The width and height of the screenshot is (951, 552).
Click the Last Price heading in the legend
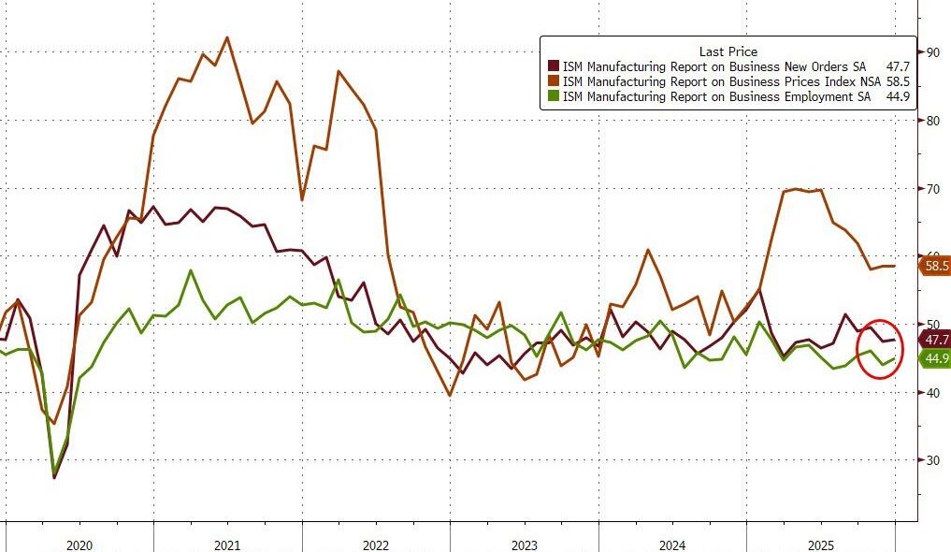[x=728, y=51]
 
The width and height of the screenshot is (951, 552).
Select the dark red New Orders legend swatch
[x=553, y=66]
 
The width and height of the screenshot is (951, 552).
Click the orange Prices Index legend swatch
[x=553, y=81]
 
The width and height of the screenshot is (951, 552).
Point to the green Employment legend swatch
[x=553, y=96]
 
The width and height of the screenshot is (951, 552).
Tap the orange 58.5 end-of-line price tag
[x=935, y=266]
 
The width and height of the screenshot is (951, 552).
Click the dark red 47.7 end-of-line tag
[x=935, y=339]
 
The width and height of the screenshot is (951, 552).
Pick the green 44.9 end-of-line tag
[x=935, y=358]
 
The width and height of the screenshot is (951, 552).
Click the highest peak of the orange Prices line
[x=227, y=37]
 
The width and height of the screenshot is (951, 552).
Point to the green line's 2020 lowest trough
[x=54, y=474]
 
